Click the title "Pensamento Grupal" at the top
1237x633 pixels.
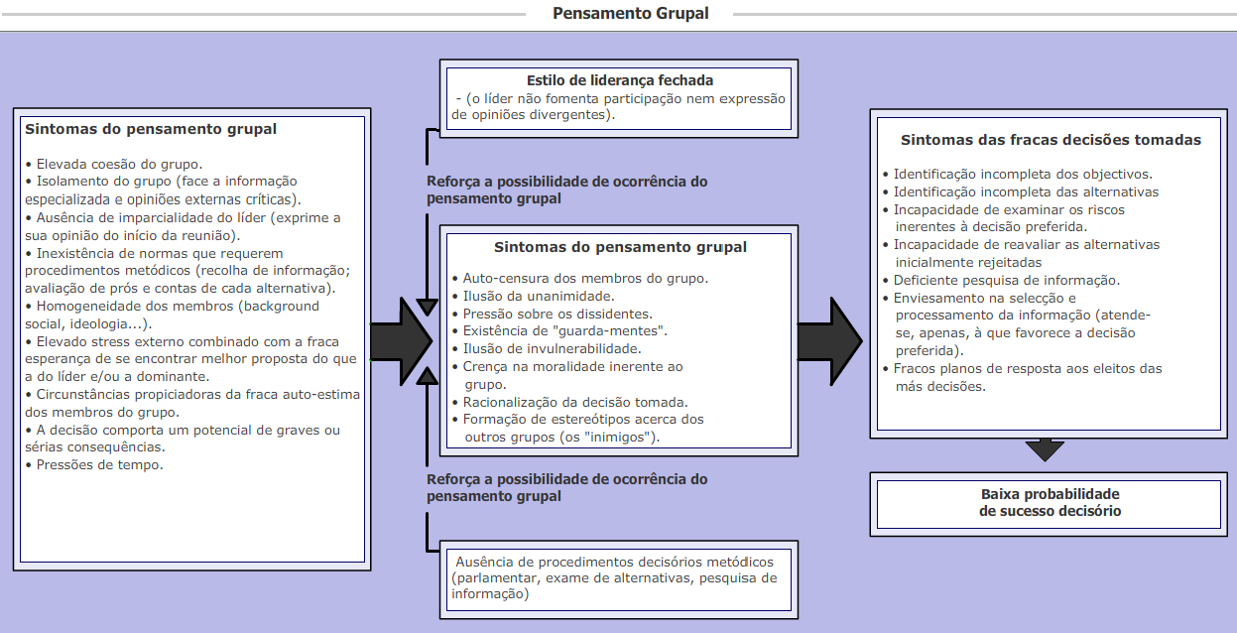pos(630,14)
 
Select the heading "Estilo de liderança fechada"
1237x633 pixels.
pos(620,80)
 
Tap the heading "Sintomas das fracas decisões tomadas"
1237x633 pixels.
pos(1051,140)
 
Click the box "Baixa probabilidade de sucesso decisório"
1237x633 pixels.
pos(1050,502)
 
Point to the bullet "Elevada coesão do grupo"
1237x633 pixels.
pos(119,164)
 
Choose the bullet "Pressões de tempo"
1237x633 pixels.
pos(99,464)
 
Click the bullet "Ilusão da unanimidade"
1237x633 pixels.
pos(539,296)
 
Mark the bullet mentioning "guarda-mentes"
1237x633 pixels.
pos(565,330)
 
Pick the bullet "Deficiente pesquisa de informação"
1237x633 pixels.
pos(1006,280)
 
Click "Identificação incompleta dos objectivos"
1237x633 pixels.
pos(1022,174)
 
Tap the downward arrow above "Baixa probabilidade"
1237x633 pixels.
pos(1045,449)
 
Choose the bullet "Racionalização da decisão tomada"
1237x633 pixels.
pos(575,402)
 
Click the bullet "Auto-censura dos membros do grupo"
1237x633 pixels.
pos(585,279)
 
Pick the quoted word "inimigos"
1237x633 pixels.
pos(621,436)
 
